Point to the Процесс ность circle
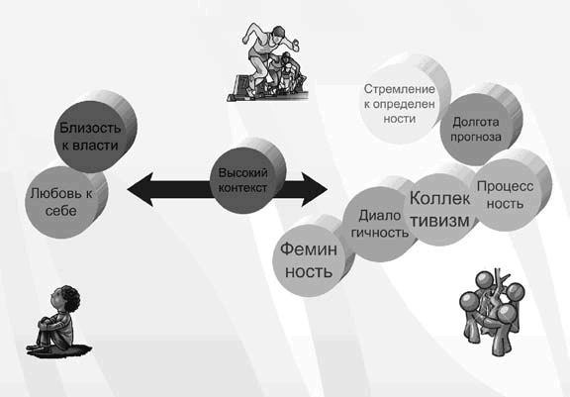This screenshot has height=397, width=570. coord(504,193)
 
